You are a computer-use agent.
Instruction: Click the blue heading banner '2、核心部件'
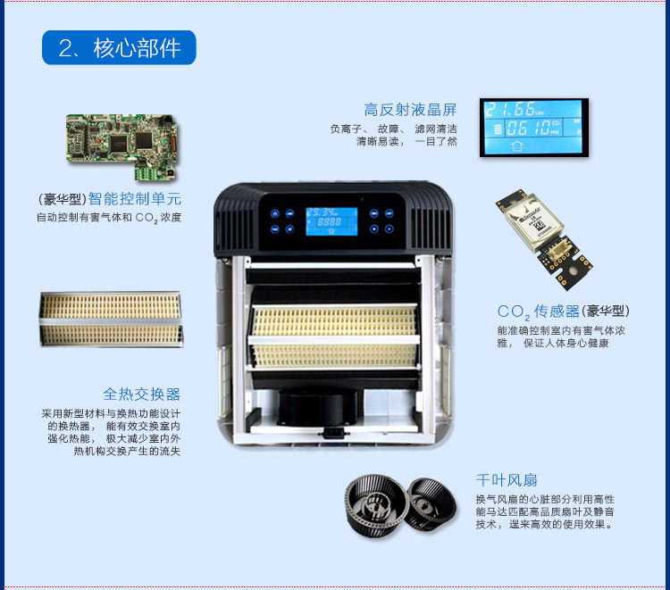click(119, 47)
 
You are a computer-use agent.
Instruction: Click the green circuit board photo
click(121, 146)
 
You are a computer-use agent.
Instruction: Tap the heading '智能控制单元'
click(135, 198)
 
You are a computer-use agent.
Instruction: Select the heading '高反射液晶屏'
click(410, 110)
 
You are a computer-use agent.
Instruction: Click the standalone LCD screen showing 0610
click(533, 128)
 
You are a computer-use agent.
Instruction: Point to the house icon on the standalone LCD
click(517, 146)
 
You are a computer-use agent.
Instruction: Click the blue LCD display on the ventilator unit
click(331, 221)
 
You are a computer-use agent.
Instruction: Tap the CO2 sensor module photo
click(544, 239)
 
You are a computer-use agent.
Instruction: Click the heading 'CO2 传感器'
click(539, 312)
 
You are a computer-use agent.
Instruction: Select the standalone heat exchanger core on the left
click(111, 319)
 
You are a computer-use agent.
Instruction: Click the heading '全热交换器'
click(141, 394)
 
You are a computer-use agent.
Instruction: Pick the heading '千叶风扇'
click(507, 480)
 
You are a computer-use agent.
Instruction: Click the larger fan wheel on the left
click(375, 505)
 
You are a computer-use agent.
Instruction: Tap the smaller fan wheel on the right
click(431, 503)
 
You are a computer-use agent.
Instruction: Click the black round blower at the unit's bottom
click(317, 407)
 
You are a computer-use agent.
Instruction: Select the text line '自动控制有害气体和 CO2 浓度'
click(109, 218)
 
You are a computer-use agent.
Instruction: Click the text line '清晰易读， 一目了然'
click(406, 141)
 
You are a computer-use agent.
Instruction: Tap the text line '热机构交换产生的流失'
click(127, 451)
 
